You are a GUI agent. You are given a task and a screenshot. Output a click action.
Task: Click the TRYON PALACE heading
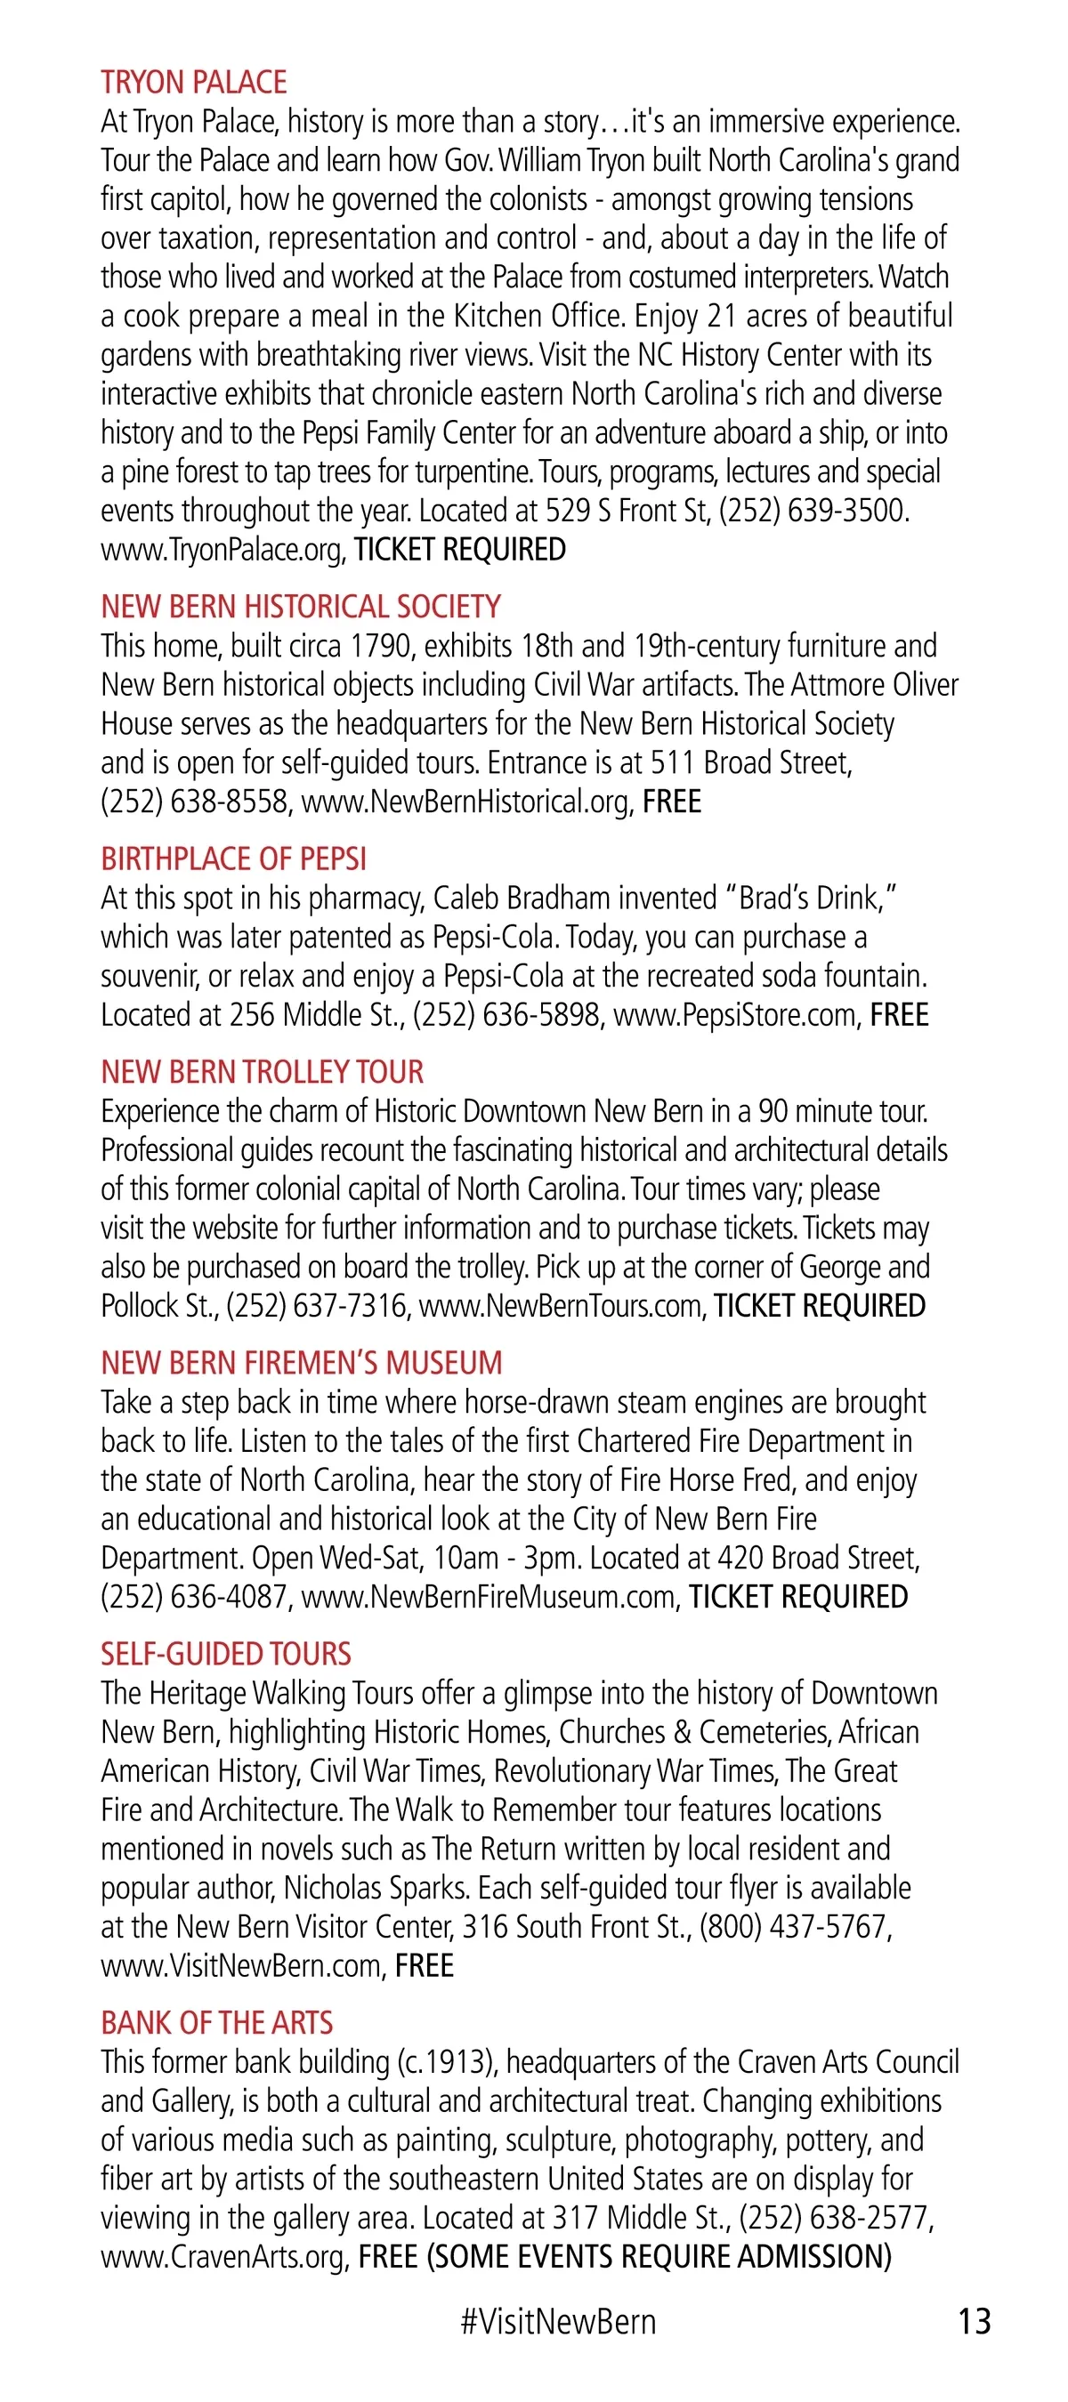(194, 83)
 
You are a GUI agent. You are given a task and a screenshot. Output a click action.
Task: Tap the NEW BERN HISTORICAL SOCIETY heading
(300, 607)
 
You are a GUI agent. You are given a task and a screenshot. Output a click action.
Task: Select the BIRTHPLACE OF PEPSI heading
(233, 858)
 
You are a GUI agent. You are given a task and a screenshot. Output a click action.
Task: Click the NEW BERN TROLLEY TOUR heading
(262, 1072)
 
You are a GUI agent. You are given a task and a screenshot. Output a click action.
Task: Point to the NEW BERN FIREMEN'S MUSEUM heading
(302, 1363)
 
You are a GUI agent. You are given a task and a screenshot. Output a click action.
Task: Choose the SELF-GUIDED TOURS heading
(226, 1654)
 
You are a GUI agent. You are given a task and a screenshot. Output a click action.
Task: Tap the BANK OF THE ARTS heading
(216, 2023)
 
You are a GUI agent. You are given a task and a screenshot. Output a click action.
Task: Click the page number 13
(974, 2321)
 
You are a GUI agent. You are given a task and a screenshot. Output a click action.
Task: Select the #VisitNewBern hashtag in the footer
(558, 2321)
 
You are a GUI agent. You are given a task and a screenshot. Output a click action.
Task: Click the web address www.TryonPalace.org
(221, 550)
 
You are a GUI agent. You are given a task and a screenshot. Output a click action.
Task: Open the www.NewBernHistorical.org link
(465, 802)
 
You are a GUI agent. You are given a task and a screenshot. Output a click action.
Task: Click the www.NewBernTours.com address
(561, 1306)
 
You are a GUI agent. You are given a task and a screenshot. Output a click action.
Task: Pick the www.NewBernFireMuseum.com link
(489, 1597)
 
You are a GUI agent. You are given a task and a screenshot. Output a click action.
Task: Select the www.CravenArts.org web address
(225, 2258)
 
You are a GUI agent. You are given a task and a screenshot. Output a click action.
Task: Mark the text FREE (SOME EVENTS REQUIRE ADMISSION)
(624, 2258)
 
